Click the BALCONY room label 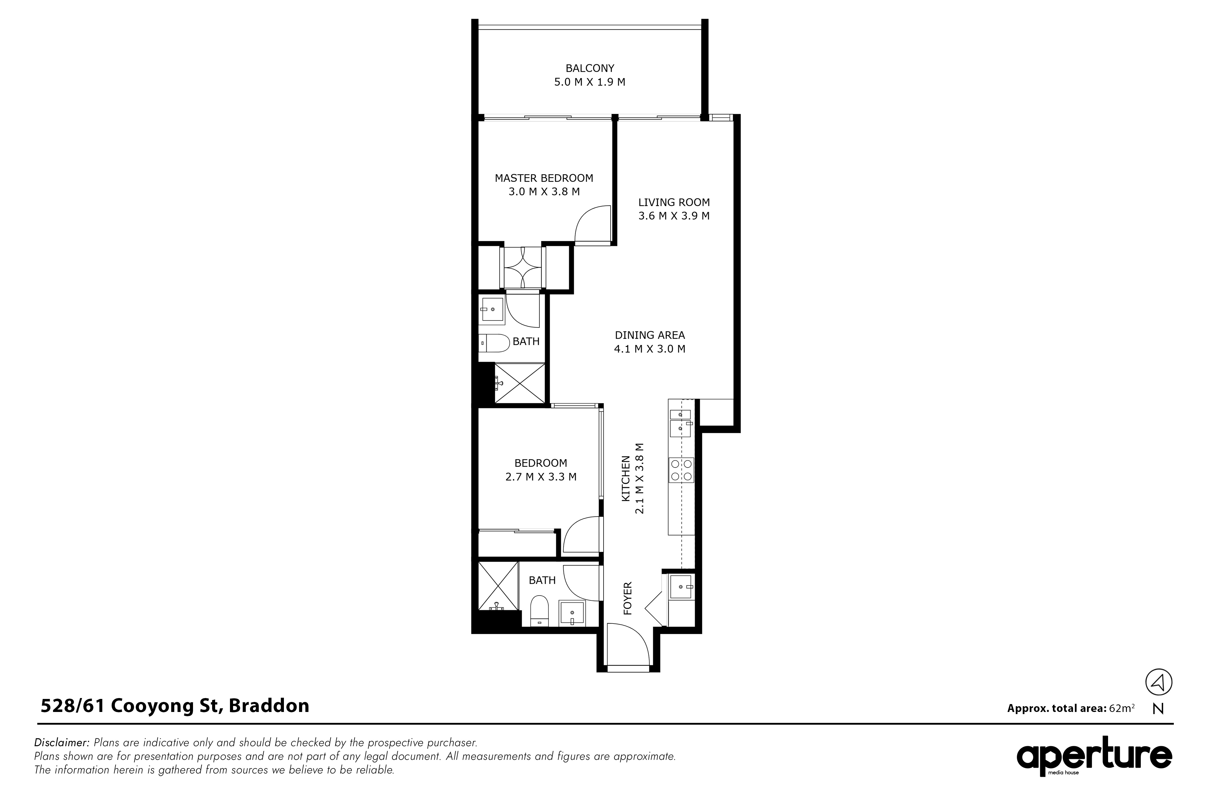(x=590, y=68)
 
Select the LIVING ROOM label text (x=674, y=202)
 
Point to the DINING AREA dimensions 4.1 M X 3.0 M (x=650, y=349)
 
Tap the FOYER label (x=628, y=598)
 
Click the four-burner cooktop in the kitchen (x=681, y=470)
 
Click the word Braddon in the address (x=269, y=706)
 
